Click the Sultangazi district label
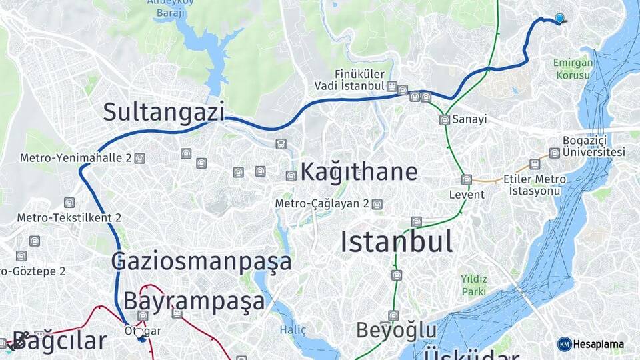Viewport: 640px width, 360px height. [163, 112]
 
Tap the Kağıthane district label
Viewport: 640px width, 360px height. [359, 171]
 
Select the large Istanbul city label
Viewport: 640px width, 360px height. [397, 241]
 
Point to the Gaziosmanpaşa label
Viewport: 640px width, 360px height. [201, 261]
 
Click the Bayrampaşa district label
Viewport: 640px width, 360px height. [194, 301]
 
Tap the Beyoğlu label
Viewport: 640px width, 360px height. [396, 330]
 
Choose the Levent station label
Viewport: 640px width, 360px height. [467, 194]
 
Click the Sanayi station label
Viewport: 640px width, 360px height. [469, 119]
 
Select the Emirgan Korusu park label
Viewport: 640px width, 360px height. [571, 69]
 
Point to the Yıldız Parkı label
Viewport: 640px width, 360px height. [474, 285]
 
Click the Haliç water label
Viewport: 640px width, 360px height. [293, 330]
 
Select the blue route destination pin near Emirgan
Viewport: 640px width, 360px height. [559, 19]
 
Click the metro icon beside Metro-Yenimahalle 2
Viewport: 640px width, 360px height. [139, 158]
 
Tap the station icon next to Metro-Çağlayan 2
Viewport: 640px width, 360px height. [377, 204]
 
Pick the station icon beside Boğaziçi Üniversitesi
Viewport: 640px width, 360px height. [554, 153]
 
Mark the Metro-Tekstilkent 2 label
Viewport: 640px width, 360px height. [69, 217]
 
